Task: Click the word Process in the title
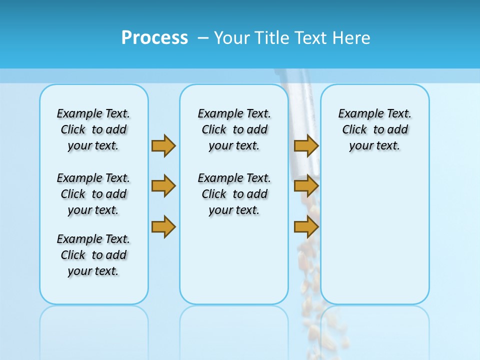pos(154,38)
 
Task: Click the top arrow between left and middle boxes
pos(163,145)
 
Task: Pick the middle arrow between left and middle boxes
pos(163,186)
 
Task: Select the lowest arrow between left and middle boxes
pos(163,227)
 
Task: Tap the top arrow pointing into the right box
pos(306,145)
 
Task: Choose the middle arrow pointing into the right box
pos(306,186)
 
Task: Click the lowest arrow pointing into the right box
pos(306,227)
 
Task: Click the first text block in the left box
pos(93,129)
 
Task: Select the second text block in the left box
pos(93,194)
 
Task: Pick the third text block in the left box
pos(93,255)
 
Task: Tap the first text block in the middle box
pos(234,129)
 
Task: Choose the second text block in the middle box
pos(234,194)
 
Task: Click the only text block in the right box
pos(374,129)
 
